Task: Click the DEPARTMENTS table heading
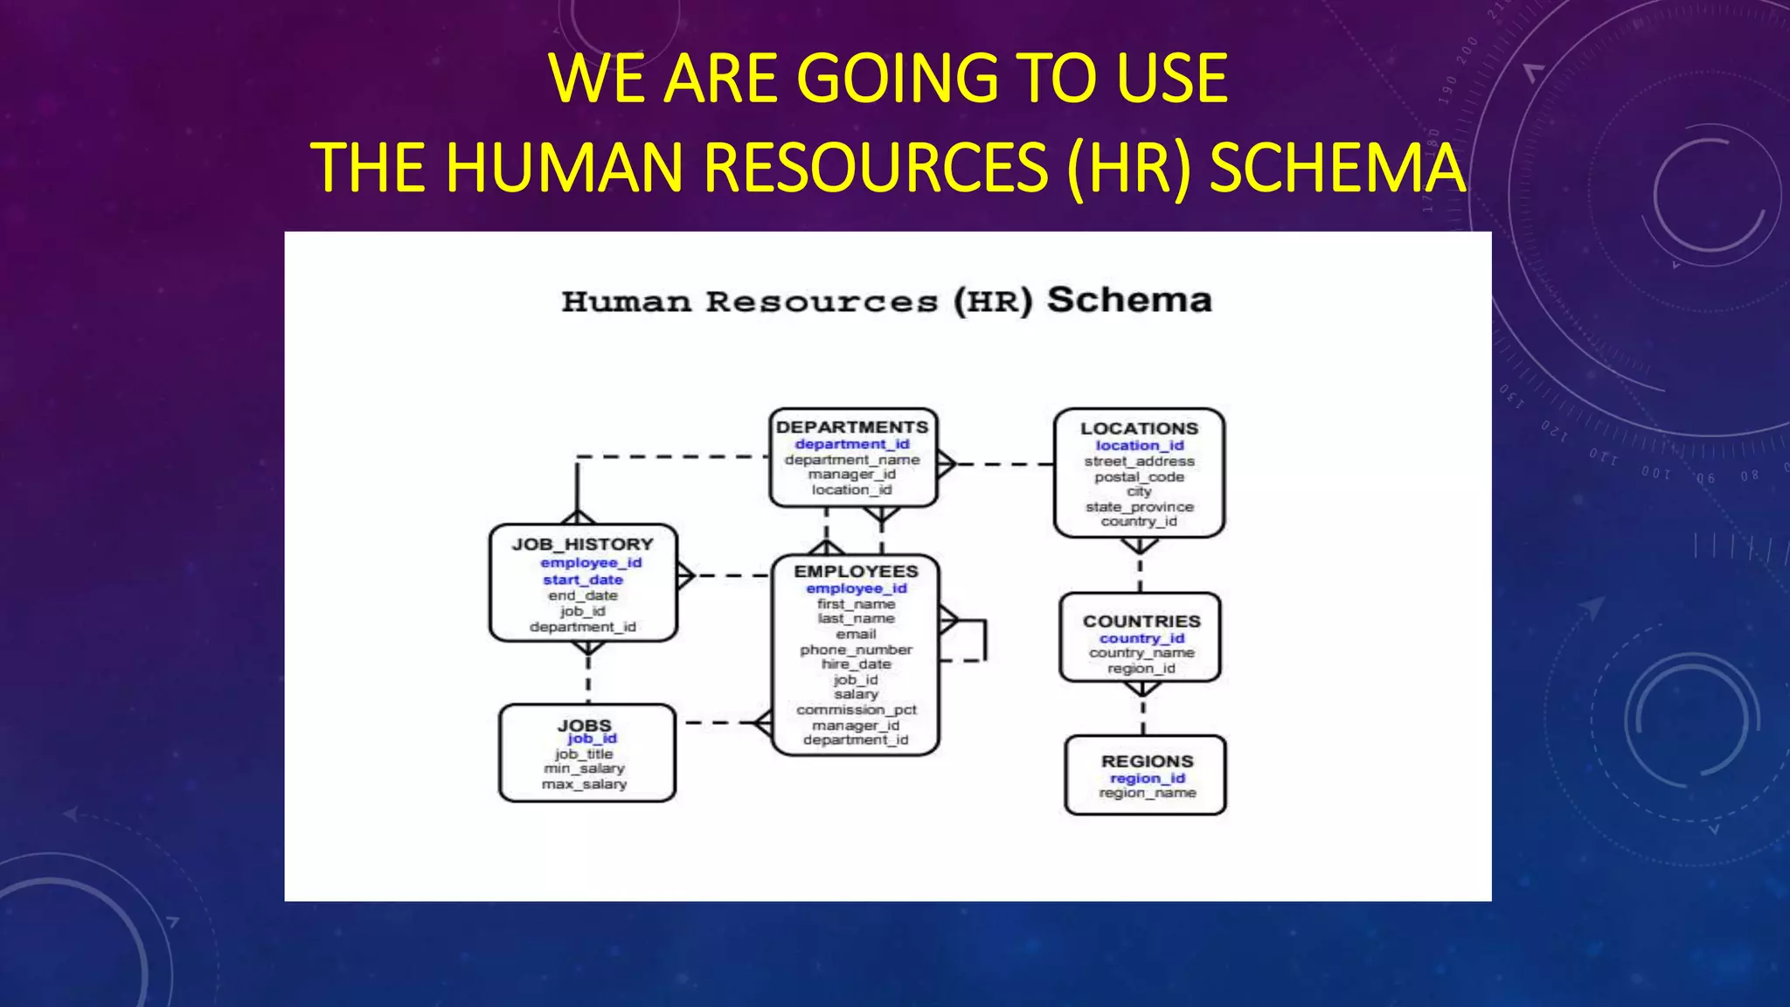click(x=852, y=427)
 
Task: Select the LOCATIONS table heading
click(x=1139, y=428)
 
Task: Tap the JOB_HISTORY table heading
click(x=583, y=545)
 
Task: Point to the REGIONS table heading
click(x=1147, y=761)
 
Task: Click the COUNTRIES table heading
click(x=1141, y=622)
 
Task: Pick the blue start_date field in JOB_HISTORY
click(x=583, y=580)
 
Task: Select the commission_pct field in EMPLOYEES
click(x=856, y=710)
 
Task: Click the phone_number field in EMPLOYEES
click(x=856, y=649)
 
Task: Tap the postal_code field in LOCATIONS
click(x=1139, y=477)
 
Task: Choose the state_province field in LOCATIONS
click(x=1139, y=507)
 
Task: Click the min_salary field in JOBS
click(x=584, y=768)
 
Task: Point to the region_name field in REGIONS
click(x=1147, y=793)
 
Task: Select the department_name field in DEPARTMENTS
click(x=852, y=460)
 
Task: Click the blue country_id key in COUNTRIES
click(x=1141, y=638)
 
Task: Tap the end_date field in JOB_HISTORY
click(x=583, y=595)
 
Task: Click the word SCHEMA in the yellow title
click(x=1337, y=168)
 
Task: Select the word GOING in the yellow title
click(x=897, y=79)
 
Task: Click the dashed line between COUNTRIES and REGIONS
click(x=1143, y=717)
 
